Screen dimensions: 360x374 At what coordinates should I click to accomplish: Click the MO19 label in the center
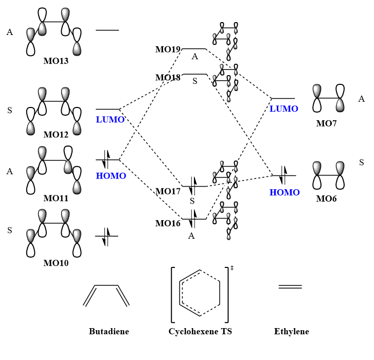click(168, 50)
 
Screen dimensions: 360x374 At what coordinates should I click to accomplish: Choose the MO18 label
click(168, 78)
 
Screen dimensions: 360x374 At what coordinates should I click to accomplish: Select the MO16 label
click(168, 223)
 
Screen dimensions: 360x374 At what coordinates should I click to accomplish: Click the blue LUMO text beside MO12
click(110, 119)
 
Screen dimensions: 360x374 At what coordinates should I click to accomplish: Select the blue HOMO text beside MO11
click(111, 176)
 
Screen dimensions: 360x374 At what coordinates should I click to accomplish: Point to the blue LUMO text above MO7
click(284, 109)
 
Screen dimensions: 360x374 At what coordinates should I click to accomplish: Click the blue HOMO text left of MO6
click(284, 192)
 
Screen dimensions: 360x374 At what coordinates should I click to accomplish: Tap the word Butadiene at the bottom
click(109, 332)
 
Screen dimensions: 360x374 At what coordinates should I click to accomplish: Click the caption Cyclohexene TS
click(200, 332)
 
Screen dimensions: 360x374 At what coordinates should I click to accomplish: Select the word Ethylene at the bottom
click(292, 332)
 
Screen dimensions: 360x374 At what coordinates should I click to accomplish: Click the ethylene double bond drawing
click(290, 286)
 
